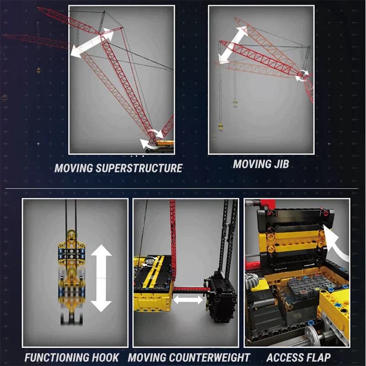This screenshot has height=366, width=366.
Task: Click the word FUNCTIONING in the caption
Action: (55, 357)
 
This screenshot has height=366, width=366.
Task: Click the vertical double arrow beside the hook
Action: (101, 278)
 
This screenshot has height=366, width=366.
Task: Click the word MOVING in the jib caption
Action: (249, 164)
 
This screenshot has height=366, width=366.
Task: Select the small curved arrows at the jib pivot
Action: (301, 75)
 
